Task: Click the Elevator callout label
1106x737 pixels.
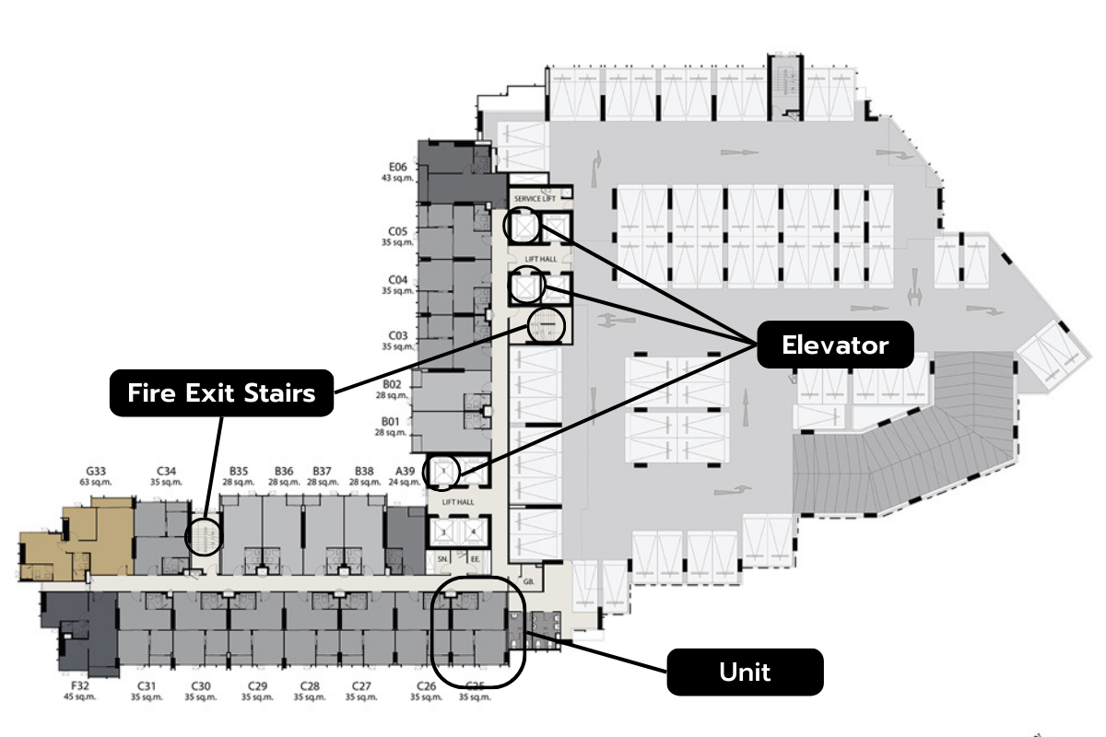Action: [835, 345]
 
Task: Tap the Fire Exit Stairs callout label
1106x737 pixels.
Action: [221, 393]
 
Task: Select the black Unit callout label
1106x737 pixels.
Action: [745, 672]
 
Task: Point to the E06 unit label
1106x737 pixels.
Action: [397, 167]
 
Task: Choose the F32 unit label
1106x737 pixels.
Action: [80, 685]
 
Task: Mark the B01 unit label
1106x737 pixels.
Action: [392, 421]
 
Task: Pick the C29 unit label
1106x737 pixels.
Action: [257, 685]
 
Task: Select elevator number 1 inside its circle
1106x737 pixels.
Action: [444, 472]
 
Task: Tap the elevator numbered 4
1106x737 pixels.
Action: [474, 532]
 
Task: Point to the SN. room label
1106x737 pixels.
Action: [442, 558]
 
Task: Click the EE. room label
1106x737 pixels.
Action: [476, 558]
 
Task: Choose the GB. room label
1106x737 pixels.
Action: [528, 582]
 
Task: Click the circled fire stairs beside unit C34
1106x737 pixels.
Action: [204, 535]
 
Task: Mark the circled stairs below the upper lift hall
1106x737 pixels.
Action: [545, 324]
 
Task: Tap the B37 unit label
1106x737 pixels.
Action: [322, 471]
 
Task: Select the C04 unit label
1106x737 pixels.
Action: [397, 279]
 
